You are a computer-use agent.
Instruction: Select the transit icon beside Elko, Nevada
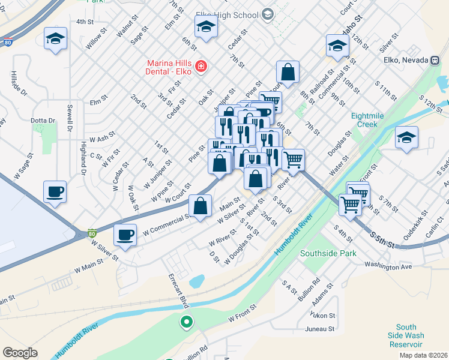tap(433, 61)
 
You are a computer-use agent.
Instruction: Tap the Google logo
tap(20, 353)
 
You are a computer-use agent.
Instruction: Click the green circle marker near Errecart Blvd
tap(187, 322)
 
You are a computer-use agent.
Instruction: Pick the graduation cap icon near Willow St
tap(55, 39)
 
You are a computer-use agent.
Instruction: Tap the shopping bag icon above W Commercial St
tap(200, 205)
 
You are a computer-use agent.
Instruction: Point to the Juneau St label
tap(319, 329)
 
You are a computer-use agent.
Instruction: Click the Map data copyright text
tap(424, 355)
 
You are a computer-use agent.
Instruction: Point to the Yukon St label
tap(322, 315)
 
